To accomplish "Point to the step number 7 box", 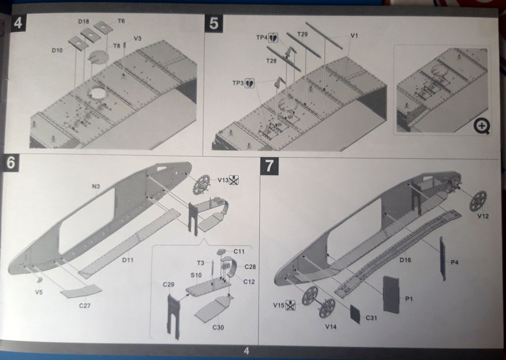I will [269, 166].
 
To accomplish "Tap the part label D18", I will [84, 21].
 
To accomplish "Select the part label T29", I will [302, 35].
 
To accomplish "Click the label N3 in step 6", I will [96, 186].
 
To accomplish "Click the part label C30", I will [218, 328].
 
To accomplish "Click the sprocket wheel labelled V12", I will [478, 200].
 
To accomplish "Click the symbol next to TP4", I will [273, 37].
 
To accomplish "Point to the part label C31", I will [372, 318].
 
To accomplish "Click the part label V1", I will [354, 36].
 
